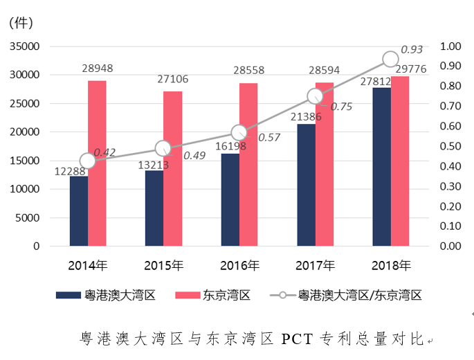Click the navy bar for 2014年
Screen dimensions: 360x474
(78, 211)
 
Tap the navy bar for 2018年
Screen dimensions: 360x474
(381, 167)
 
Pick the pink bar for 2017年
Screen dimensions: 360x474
(325, 164)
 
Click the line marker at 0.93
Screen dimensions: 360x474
(390, 59)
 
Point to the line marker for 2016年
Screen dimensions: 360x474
(239, 133)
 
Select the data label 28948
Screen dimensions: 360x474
(97, 69)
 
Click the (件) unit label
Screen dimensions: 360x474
(21, 22)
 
